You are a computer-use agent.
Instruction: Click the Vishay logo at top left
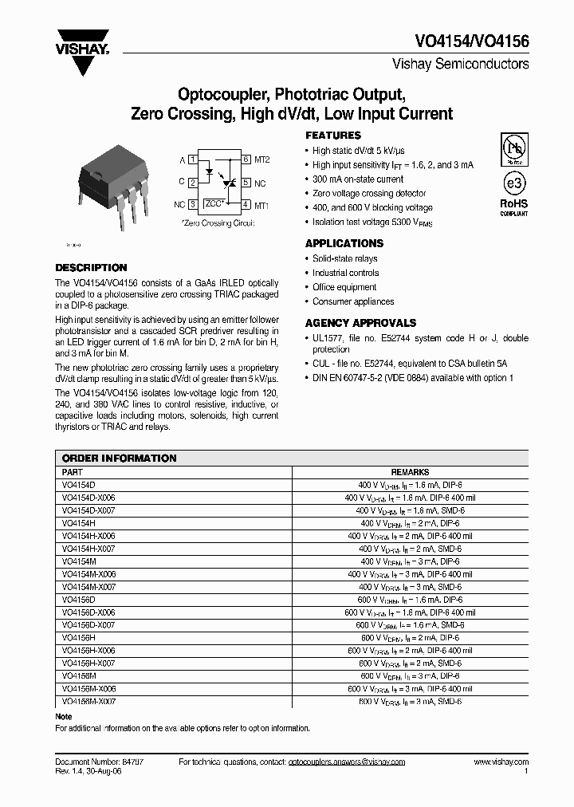(x=82, y=45)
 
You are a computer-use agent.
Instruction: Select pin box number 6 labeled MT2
(x=246, y=159)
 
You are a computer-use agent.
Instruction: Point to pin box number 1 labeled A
(x=193, y=159)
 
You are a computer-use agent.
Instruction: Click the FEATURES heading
(x=333, y=136)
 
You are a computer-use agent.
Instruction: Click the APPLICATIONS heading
(x=344, y=243)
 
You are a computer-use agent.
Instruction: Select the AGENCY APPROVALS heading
(x=360, y=323)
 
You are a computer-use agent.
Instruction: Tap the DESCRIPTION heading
(x=91, y=268)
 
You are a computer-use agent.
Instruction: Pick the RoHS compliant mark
(x=513, y=207)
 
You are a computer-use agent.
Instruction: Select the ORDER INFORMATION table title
(x=119, y=459)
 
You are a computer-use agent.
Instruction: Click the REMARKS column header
(x=410, y=472)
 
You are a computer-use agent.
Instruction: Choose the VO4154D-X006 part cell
(x=88, y=498)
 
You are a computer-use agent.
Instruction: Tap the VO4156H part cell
(x=78, y=638)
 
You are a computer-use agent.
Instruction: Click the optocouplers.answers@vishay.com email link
(x=346, y=762)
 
